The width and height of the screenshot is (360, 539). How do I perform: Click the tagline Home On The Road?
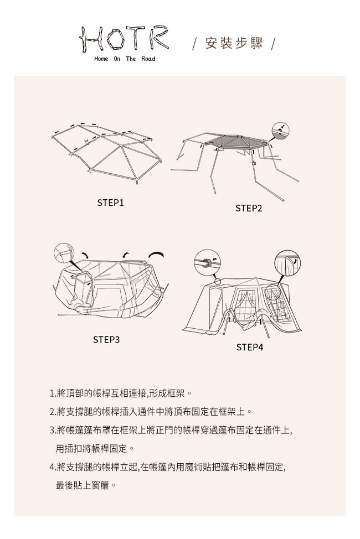(125, 59)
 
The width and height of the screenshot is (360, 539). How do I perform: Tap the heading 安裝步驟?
(234, 43)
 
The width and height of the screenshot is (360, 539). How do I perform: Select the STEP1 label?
(110, 203)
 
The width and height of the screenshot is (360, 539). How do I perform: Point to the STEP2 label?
(249, 208)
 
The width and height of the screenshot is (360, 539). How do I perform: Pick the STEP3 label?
(106, 340)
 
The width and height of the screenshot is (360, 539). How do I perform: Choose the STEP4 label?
(250, 347)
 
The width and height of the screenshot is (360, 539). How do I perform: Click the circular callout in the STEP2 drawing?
(280, 131)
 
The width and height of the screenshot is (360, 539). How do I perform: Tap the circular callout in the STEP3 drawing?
(64, 253)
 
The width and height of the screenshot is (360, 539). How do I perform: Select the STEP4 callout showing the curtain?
(288, 263)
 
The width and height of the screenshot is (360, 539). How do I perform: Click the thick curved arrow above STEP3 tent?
(156, 254)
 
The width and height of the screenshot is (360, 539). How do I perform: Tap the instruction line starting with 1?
(121, 393)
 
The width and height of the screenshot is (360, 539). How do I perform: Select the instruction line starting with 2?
(152, 412)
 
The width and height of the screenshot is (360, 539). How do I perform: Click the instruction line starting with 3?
(171, 430)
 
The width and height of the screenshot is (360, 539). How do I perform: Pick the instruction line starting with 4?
(168, 467)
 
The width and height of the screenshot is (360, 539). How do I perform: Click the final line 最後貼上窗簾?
(86, 486)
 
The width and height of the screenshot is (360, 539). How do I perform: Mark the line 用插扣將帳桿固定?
(95, 449)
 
